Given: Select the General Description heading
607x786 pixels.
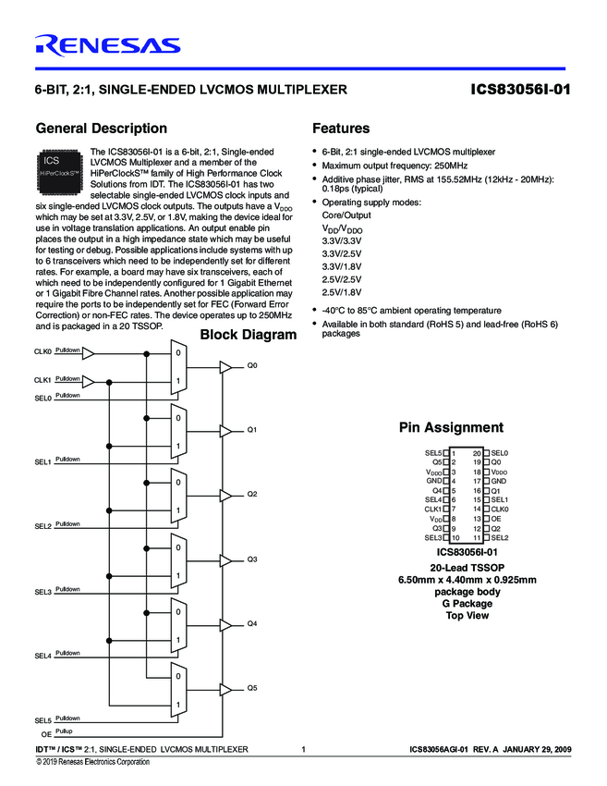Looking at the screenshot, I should pyautogui.click(x=101, y=129).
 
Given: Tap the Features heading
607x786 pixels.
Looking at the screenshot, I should pyautogui.click(x=341, y=129).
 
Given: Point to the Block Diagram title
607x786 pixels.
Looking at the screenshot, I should pyautogui.click(x=249, y=335).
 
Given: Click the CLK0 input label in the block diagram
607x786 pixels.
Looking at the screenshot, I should pyautogui.click(x=42, y=351).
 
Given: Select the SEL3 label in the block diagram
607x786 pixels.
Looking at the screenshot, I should pyautogui.click(x=42, y=591).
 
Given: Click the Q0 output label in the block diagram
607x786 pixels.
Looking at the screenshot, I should pyautogui.click(x=251, y=366).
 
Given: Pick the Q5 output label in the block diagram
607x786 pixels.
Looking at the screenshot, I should pyautogui.click(x=251, y=689).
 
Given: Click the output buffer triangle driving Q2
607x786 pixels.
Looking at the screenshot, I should pyautogui.click(x=225, y=497).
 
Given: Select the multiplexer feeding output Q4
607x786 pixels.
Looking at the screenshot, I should pyautogui.click(x=178, y=626).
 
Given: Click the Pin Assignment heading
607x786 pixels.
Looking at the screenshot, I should pyautogui.click(x=451, y=427).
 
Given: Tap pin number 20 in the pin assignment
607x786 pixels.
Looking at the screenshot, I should pyautogui.click(x=477, y=453).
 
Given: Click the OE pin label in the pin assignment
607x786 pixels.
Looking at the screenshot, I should pyautogui.click(x=496, y=519).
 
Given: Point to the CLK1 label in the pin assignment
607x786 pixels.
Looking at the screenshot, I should pyautogui.click(x=433, y=510).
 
